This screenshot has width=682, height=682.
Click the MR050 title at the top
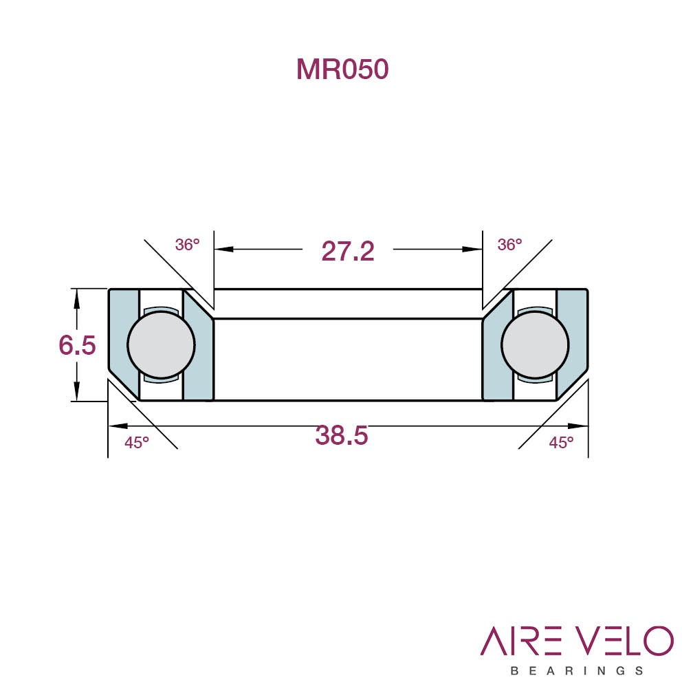pyautogui.click(x=342, y=69)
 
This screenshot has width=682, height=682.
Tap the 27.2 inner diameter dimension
pyautogui.click(x=347, y=251)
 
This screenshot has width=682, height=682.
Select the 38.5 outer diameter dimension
pyautogui.click(x=342, y=434)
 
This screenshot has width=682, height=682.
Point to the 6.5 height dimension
pyautogui.click(x=77, y=345)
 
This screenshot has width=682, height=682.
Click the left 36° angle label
pyautogui.click(x=188, y=245)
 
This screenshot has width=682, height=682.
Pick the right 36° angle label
pyautogui.click(x=509, y=245)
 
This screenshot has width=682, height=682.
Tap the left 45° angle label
pyautogui.click(x=137, y=442)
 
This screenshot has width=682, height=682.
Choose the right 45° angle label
pyautogui.click(x=561, y=442)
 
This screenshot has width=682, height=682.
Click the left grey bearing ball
pyautogui.click(x=162, y=344)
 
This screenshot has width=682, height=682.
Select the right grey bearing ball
pyautogui.click(x=535, y=344)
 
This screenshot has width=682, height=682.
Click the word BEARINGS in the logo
pyautogui.click(x=577, y=670)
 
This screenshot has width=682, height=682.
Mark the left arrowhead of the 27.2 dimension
pyautogui.click(x=223, y=250)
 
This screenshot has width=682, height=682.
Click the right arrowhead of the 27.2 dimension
pyautogui.click(x=472, y=250)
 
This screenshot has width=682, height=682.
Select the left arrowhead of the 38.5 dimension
pyautogui.click(x=118, y=426)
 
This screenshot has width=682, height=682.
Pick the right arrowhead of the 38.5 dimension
pyautogui.click(x=578, y=426)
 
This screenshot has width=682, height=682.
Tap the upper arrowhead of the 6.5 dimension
pyautogui.click(x=77, y=298)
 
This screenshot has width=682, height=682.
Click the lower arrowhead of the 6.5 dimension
pyautogui.click(x=77, y=391)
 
